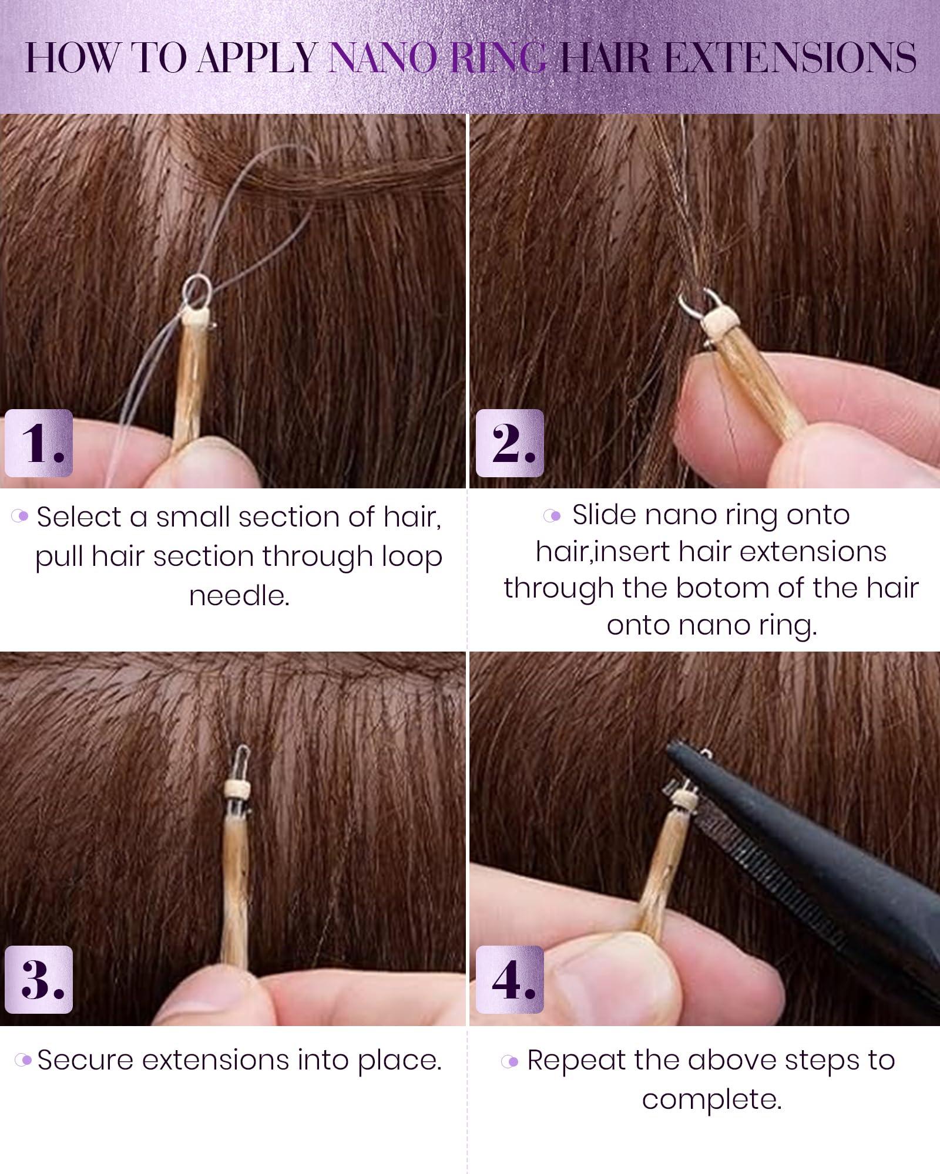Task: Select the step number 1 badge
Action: pos(39,443)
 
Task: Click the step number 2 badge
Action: pos(510,443)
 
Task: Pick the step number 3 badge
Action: pos(39,980)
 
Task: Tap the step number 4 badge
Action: pos(510,980)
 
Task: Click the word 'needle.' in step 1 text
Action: pos(239,596)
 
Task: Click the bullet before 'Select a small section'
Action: pos(21,517)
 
